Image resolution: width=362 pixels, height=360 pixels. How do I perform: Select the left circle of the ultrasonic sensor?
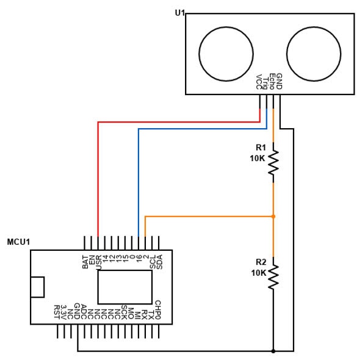[226, 53]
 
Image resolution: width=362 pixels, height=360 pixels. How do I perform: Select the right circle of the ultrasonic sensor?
[314, 53]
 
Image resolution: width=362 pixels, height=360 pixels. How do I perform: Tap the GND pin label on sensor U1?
[279, 81]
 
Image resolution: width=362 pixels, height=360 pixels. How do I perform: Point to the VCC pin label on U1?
[259, 82]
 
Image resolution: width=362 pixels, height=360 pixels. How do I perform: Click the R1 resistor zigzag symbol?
[273, 162]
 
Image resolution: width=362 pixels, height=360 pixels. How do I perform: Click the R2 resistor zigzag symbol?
[273, 276]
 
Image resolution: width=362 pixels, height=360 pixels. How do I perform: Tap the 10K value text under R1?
[258, 158]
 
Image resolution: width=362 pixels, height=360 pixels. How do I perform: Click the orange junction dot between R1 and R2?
[273, 216]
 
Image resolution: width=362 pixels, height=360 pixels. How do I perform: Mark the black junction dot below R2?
[273, 351]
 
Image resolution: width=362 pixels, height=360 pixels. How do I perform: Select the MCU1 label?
[18, 242]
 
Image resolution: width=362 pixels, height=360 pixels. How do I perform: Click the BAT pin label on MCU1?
[85, 262]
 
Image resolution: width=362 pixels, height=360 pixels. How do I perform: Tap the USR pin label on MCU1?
[98, 262]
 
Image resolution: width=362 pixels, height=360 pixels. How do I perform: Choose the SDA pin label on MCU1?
[159, 262]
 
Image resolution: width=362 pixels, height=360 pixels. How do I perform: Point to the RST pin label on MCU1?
[57, 311]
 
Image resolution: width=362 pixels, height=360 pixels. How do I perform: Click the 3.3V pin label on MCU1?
[64, 311]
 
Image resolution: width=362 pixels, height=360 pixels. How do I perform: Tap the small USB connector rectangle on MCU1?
[38, 287]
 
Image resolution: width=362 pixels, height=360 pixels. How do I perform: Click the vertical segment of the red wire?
[98, 180]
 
